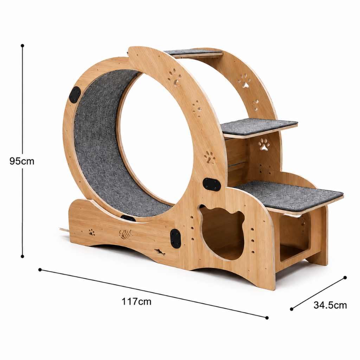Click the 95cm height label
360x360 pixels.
click(22, 161)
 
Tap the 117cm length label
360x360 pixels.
click(136, 301)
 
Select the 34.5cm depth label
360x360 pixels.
click(330, 305)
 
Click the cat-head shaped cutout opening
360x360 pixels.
click(221, 232)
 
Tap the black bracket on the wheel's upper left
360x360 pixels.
click(75, 96)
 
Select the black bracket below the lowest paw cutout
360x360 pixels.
click(212, 184)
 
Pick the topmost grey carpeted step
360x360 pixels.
click(193, 52)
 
